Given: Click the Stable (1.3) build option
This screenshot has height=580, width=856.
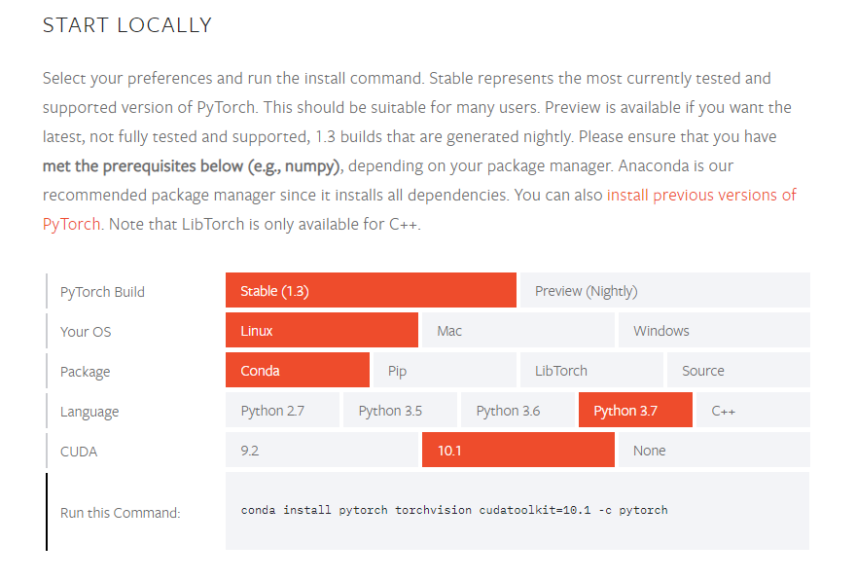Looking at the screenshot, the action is click(371, 290).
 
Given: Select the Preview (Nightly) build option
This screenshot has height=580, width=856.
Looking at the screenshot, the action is click(665, 290).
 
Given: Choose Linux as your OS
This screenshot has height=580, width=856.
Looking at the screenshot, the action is click(322, 330).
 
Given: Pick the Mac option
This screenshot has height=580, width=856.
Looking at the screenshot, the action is click(518, 330).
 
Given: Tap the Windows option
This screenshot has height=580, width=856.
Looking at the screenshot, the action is click(714, 330).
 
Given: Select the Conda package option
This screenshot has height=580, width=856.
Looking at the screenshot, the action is click(298, 370).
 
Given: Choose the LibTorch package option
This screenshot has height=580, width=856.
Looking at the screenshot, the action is click(591, 370).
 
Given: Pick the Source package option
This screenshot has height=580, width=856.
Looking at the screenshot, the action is click(738, 370).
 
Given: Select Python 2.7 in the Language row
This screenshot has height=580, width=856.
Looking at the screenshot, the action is click(282, 410).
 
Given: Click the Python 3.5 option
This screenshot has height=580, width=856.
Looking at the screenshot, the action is click(400, 410).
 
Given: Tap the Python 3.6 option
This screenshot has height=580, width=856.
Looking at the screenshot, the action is click(517, 410).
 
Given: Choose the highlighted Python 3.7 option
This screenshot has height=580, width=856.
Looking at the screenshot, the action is click(635, 410).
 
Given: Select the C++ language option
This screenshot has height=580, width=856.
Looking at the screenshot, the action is click(753, 410).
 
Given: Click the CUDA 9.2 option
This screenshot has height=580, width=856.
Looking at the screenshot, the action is click(322, 450).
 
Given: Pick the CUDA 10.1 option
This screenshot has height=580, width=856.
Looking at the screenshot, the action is click(518, 450).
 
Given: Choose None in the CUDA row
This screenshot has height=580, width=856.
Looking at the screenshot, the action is click(714, 450).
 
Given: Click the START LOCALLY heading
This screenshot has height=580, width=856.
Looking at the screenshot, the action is click(127, 25).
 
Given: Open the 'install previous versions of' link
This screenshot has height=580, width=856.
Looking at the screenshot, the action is click(701, 195).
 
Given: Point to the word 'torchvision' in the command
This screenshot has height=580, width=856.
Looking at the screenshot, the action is click(434, 510).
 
